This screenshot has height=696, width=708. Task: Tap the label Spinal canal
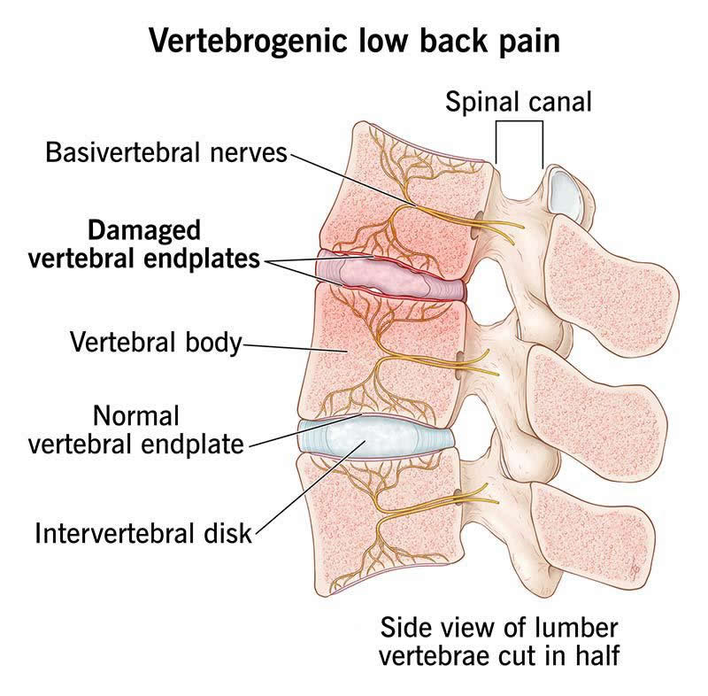point(518,100)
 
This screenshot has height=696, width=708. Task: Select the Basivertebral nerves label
point(166,152)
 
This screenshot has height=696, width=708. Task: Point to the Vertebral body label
point(156,342)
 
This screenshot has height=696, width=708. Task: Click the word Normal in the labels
point(136,415)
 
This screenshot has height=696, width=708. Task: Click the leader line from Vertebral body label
point(292,346)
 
